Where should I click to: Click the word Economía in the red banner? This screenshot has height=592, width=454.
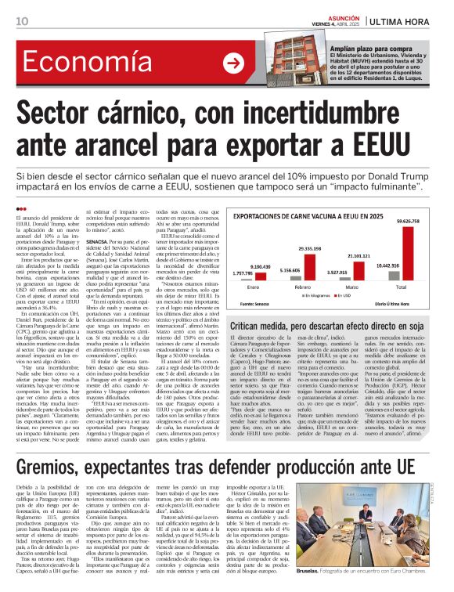81,63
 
